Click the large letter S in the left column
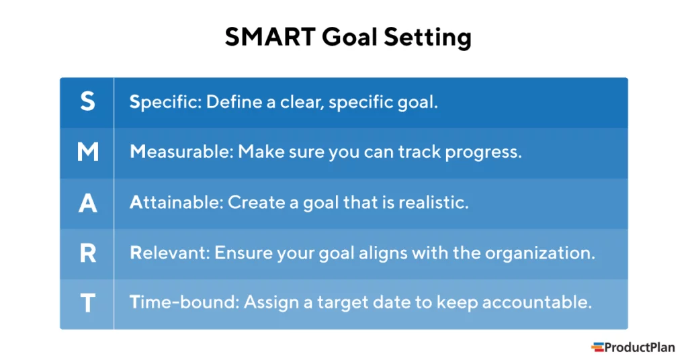(87, 101)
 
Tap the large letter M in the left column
(88, 152)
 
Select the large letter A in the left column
(88, 203)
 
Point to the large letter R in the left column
(88, 253)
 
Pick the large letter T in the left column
(88, 303)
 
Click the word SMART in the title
(270, 36)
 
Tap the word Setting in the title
(428, 38)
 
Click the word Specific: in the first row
(165, 102)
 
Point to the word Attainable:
(177, 202)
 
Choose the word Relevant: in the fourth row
(170, 253)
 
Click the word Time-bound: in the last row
(184, 302)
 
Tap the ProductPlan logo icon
(597, 347)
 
